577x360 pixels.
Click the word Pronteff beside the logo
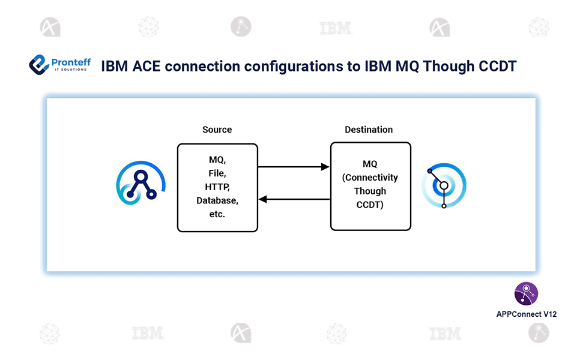click(68, 61)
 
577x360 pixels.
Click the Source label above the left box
click(217, 130)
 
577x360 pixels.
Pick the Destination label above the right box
click(369, 130)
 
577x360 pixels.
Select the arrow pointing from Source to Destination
click(294, 167)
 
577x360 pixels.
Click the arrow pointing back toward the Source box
click(294, 199)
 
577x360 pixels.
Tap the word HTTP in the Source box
click(217, 187)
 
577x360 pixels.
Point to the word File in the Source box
click(217, 173)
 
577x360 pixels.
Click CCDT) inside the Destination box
click(370, 205)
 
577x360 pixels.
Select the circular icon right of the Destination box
click(444, 186)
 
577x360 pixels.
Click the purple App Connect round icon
click(526, 294)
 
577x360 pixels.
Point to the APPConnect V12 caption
click(526, 314)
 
